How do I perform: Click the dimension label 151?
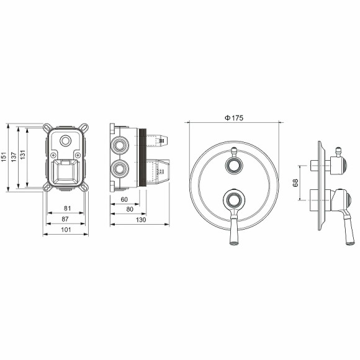(4, 156)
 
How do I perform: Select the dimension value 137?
(14, 157)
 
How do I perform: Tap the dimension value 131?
(22, 155)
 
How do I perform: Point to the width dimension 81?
(67, 208)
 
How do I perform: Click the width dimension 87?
(65, 219)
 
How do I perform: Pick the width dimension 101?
(66, 230)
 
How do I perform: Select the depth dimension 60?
(124, 199)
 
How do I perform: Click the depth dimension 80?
(130, 209)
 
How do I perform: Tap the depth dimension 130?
(141, 220)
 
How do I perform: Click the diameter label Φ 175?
(234, 118)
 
